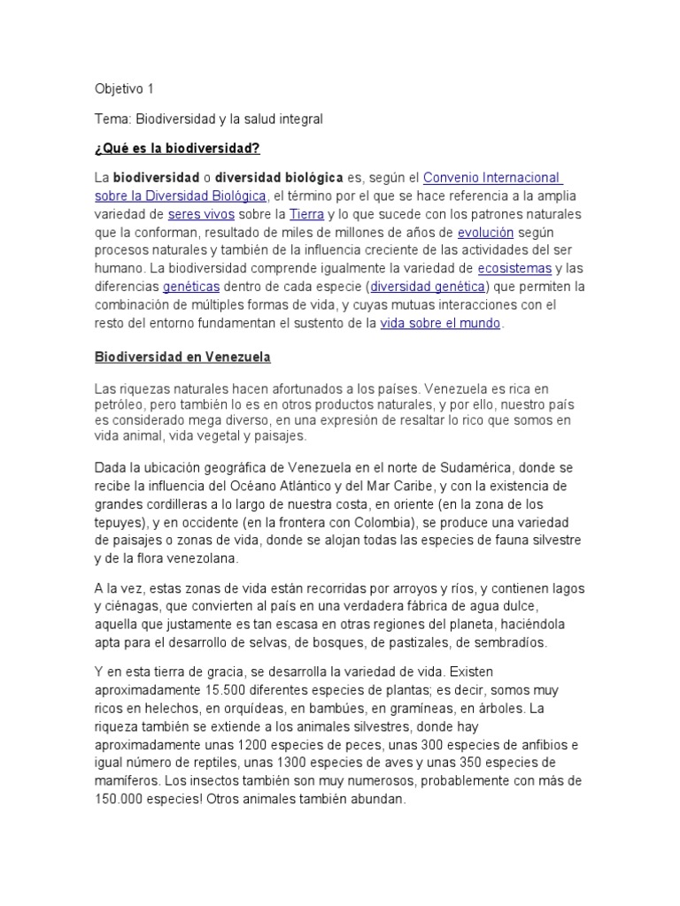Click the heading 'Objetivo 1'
123,88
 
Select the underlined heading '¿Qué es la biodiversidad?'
177,147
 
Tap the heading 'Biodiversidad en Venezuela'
182,357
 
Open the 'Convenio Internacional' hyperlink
492,177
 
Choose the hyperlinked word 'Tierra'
306,214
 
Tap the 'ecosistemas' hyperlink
514,268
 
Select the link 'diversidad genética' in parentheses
428,287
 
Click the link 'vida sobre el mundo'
440,324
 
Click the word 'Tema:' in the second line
112,118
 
